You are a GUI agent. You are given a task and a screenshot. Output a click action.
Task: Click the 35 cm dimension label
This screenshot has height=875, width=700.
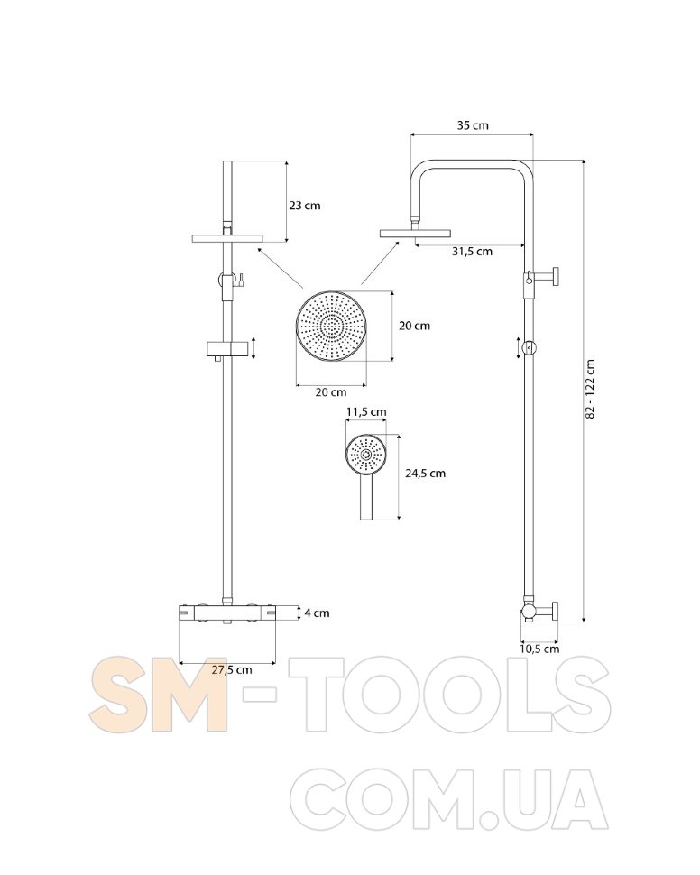[473, 125]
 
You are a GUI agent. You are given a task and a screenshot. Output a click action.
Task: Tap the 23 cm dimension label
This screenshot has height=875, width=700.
[305, 206]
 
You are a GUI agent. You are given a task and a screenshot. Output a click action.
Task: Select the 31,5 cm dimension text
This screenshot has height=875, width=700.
[473, 251]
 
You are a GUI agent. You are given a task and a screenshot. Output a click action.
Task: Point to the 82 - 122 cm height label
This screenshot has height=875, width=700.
[591, 389]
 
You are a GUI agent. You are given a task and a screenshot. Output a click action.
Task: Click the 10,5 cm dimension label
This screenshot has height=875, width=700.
[539, 649]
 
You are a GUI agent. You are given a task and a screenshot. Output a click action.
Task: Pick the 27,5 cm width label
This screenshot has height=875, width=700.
[232, 669]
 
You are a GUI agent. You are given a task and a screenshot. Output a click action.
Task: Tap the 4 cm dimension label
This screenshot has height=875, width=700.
[317, 612]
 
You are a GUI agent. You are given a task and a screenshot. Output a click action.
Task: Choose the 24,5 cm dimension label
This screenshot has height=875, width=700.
[426, 474]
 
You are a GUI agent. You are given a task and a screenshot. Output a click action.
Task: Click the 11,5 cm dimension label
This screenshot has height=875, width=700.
[366, 412]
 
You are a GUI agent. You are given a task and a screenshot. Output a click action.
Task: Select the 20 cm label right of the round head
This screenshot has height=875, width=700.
[415, 326]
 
